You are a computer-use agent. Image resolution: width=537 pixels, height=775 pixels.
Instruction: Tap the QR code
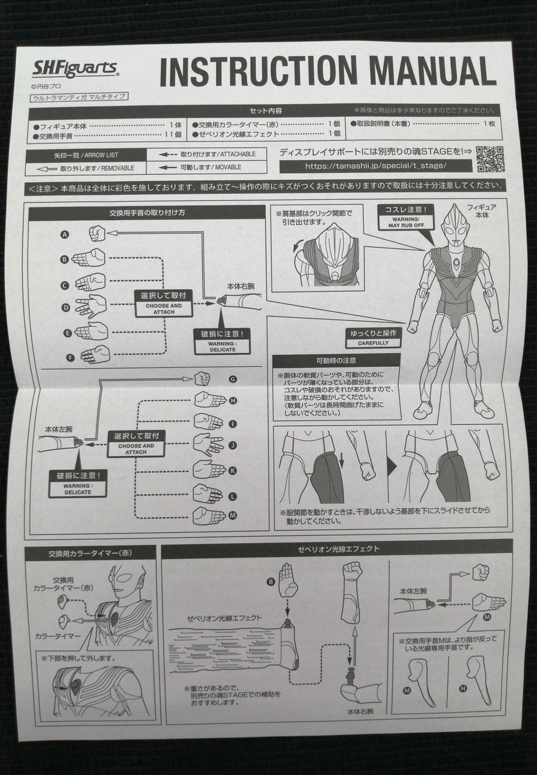click(490, 159)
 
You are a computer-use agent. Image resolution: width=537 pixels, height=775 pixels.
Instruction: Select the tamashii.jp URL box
click(376, 165)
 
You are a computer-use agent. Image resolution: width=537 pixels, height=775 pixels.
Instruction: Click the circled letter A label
click(64, 234)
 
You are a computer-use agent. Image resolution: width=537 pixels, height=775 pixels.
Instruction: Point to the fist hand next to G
click(202, 379)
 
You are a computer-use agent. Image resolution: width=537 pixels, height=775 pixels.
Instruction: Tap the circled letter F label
click(70, 357)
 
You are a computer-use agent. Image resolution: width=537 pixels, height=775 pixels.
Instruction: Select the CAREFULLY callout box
click(373, 338)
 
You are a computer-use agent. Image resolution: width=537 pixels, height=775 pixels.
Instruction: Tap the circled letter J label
click(232, 445)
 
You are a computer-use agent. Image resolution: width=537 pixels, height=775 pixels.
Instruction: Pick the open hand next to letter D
click(91, 306)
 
